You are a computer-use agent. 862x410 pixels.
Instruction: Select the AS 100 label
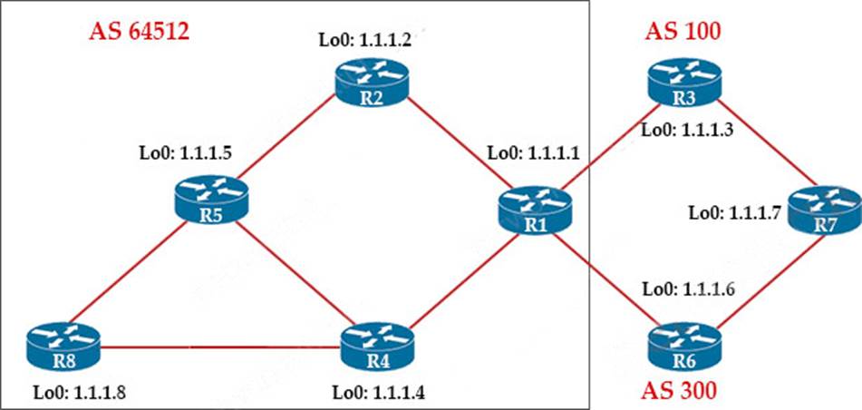click(683, 32)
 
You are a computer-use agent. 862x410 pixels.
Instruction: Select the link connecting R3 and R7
click(760, 153)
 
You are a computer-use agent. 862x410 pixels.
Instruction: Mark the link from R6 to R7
click(760, 278)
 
